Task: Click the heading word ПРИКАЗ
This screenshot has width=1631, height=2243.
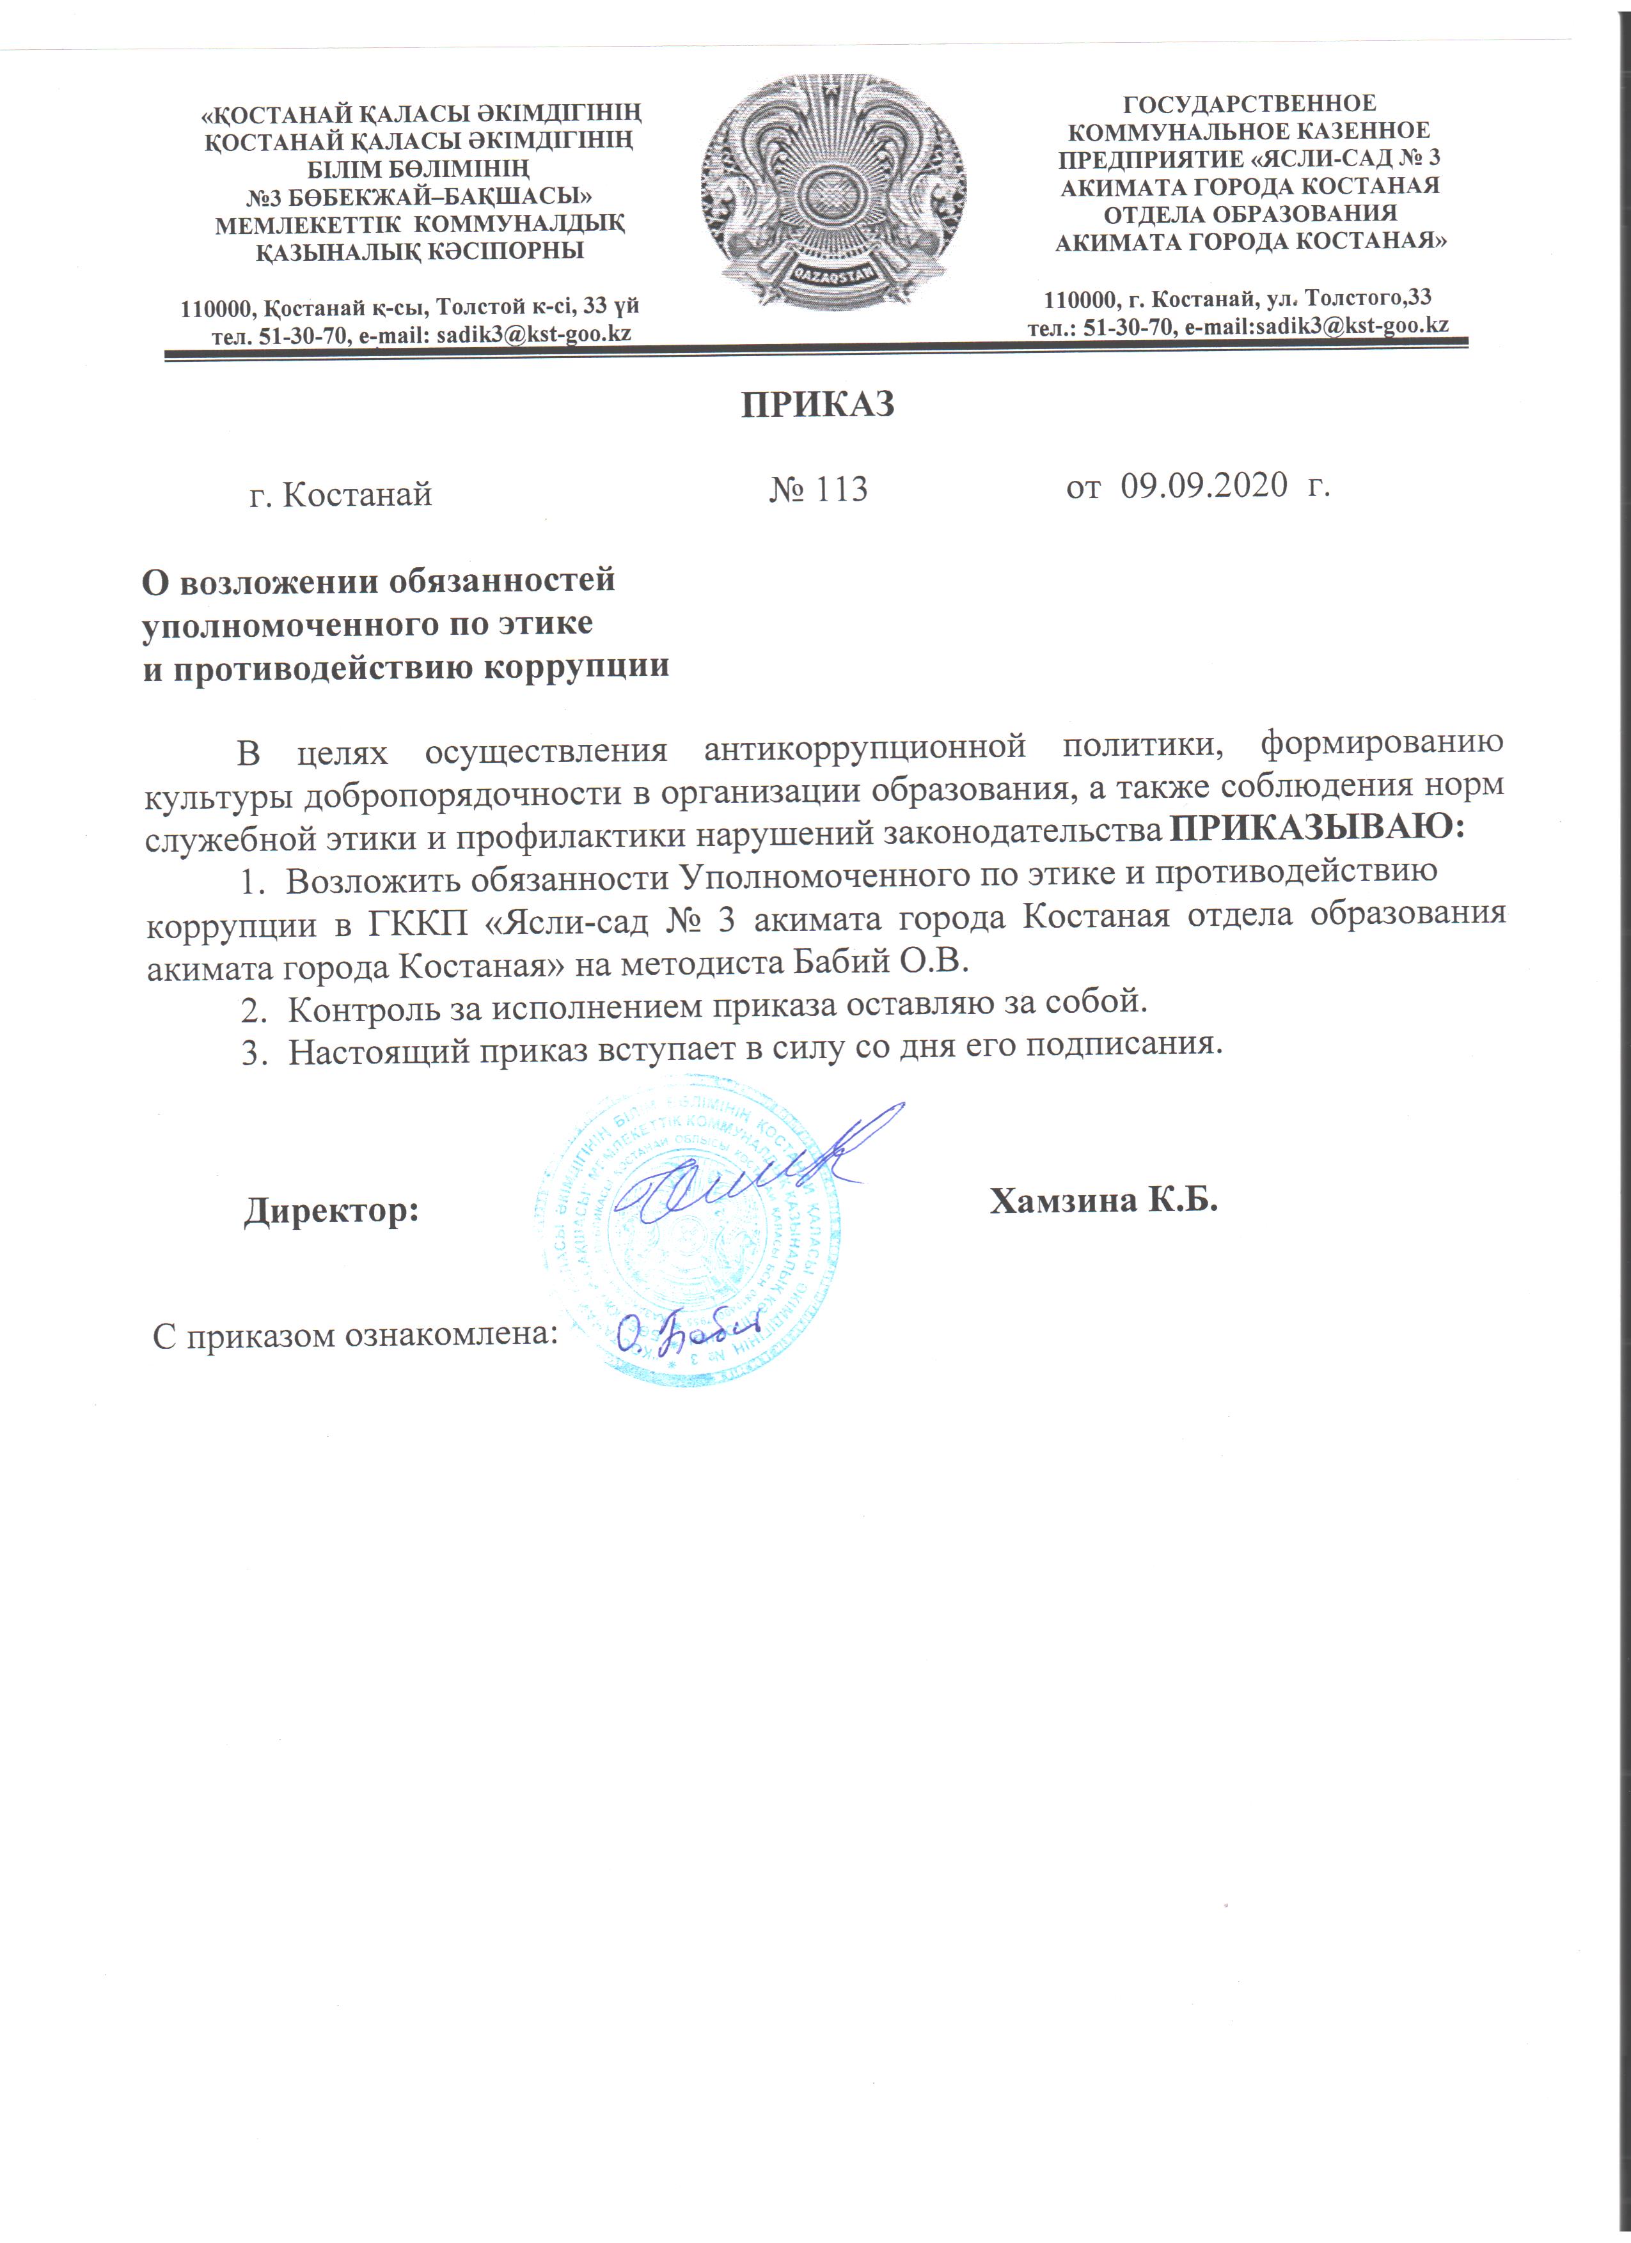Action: coord(818,405)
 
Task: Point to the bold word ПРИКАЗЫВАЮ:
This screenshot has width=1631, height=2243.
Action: coord(1316,828)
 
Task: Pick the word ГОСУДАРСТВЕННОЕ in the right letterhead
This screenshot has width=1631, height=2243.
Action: coord(1250,104)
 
